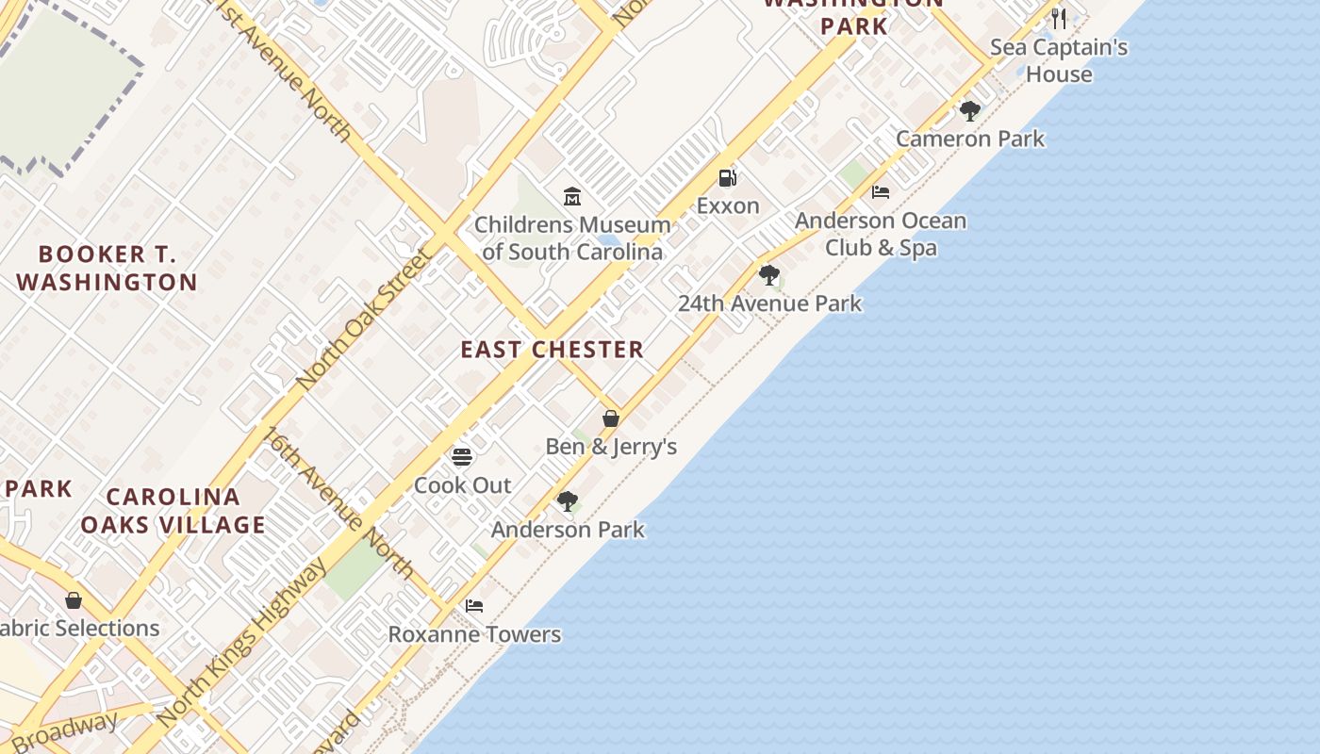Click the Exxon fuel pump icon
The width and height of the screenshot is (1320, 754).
[x=727, y=177]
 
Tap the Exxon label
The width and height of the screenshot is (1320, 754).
[x=728, y=205]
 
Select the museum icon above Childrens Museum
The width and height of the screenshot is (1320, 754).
[x=571, y=197]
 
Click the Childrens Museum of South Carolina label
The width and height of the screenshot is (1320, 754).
[x=572, y=238]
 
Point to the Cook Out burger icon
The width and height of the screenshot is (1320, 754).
[x=462, y=457]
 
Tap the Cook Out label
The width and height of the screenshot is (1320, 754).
[x=463, y=485]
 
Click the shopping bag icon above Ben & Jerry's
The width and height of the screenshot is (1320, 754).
[x=611, y=418]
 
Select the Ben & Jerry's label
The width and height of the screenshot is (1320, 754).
[x=611, y=447]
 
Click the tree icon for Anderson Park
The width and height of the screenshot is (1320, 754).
[x=567, y=501]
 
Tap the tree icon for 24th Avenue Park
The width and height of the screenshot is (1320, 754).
[x=769, y=275]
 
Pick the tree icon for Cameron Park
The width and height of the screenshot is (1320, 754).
[x=969, y=111]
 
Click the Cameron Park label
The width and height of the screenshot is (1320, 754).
[x=970, y=139]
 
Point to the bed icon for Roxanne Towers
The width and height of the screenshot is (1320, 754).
[x=474, y=606]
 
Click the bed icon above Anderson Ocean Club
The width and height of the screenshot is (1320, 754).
[x=881, y=192]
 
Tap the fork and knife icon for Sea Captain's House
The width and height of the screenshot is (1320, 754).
[x=1059, y=19]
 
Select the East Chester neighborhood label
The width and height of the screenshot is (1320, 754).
[x=553, y=350]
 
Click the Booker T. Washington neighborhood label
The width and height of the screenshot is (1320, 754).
[x=107, y=268]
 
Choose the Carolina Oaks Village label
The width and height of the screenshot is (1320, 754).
[x=173, y=511]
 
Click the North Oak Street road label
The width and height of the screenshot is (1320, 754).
[x=363, y=318]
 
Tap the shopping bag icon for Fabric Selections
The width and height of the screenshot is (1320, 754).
[x=74, y=600]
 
